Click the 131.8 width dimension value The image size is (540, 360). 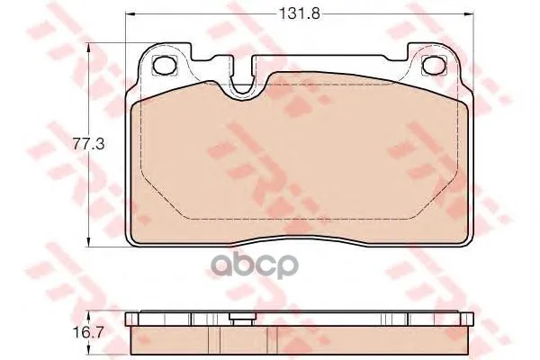pyautogui.click(x=299, y=13)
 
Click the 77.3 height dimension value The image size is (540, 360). pyautogui.click(x=88, y=144)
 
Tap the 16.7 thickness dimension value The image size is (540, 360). pyautogui.click(x=88, y=332)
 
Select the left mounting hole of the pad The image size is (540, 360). pyautogui.click(x=165, y=65)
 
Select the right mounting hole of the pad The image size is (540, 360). pyautogui.click(x=434, y=65)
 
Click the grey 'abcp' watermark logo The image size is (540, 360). pyautogui.click(x=255, y=265)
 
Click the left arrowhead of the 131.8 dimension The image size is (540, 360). pyautogui.click(x=129, y=14)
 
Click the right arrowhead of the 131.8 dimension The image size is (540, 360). pyautogui.click(x=469, y=14)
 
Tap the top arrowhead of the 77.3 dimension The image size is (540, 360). pyautogui.click(x=89, y=48)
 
